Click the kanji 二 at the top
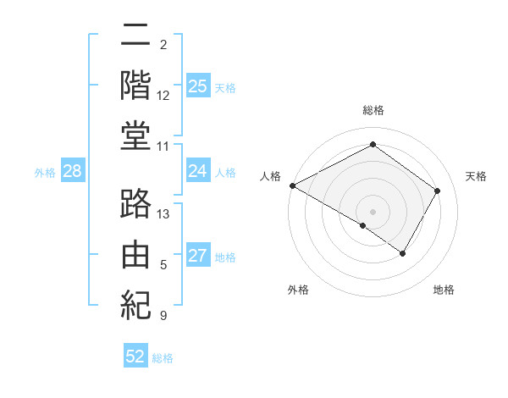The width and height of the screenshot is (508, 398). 136,36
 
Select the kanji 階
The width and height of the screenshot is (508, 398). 136,86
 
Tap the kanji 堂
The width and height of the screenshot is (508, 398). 136,137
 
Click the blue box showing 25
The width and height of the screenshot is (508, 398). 198,86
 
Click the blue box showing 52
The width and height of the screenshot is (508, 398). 135,357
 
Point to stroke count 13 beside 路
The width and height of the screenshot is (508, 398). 164,214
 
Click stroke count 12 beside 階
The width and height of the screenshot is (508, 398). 164,96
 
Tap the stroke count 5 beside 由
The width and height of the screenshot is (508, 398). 163,265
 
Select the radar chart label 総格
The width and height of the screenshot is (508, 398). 373,111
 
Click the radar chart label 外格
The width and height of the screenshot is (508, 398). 298,290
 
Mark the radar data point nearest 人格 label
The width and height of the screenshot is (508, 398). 292,185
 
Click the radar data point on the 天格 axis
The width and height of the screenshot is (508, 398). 438,191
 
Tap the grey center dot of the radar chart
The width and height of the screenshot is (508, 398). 373,211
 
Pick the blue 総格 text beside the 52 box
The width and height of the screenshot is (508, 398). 163,358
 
